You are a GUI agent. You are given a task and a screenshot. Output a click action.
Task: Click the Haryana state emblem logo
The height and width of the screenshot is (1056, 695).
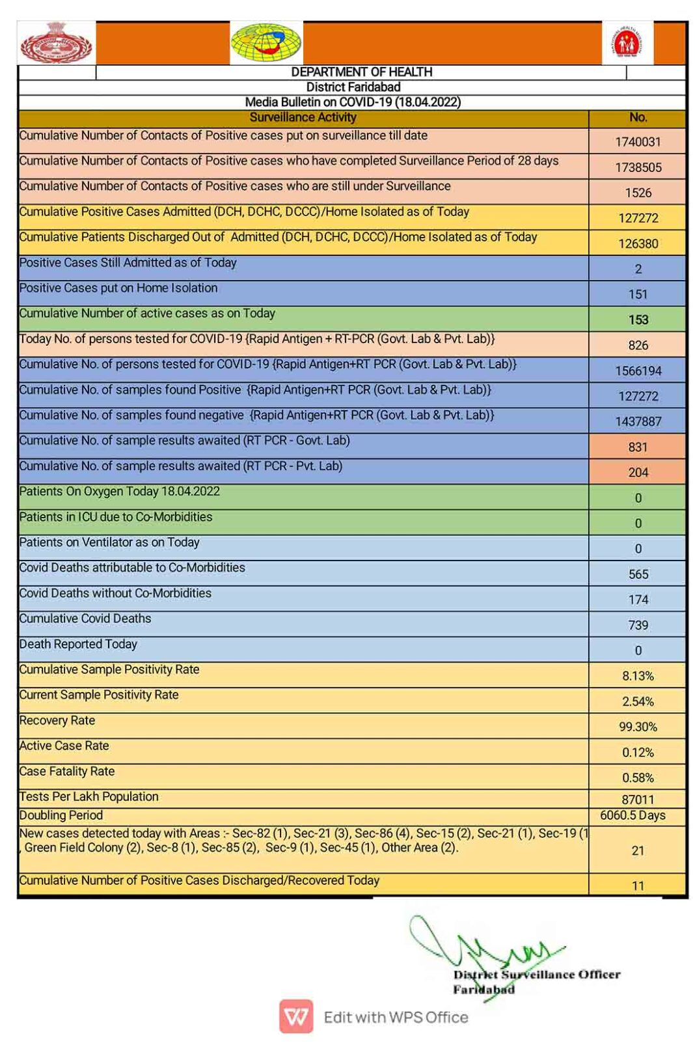[x=57, y=43]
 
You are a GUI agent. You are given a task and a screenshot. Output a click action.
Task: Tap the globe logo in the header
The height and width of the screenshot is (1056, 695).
[x=266, y=43]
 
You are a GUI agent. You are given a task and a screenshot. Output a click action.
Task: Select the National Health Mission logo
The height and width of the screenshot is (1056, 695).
[x=627, y=43]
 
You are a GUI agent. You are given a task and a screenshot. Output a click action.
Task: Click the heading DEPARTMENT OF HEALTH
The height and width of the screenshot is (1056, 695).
[x=361, y=72]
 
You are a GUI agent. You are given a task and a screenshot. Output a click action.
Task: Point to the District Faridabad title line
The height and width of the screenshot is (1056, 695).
[x=353, y=87]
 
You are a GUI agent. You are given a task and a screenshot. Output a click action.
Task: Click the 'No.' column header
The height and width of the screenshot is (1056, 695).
[x=638, y=118]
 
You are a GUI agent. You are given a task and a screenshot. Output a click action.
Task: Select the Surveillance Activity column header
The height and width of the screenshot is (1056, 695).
[x=303, y=118]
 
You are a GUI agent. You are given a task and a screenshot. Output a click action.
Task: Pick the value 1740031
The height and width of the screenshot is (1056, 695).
[x=638, y=142]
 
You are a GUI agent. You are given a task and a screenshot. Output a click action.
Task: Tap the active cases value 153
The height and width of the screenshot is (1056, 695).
[x=638, y=320]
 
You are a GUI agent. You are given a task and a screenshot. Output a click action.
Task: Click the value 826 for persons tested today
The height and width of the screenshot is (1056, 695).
[x=638, y=345]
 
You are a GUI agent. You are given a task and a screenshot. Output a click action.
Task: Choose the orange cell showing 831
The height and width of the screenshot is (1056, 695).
[x=638, y=447]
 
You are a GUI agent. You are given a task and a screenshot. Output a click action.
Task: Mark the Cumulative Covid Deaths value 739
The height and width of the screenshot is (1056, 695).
[x=638, y=625]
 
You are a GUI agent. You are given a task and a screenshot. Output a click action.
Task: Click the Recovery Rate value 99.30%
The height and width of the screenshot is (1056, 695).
[x=638, y=727]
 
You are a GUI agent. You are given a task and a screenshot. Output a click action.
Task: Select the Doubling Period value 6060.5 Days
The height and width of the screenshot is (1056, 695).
[x=633, y=816]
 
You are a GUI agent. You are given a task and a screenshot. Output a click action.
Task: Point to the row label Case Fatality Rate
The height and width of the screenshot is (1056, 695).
[x=67, y=771]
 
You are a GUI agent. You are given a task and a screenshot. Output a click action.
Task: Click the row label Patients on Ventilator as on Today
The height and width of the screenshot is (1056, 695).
[x=109, y=542]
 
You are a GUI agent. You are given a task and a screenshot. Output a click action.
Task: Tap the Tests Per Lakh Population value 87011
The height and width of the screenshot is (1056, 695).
[x=638, y=799]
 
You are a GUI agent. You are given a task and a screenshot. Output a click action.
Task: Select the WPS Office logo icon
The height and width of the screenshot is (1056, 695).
[x=296, y=1017]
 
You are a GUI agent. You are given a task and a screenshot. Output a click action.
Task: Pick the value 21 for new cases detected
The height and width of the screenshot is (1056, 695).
[x=638, y=850]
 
